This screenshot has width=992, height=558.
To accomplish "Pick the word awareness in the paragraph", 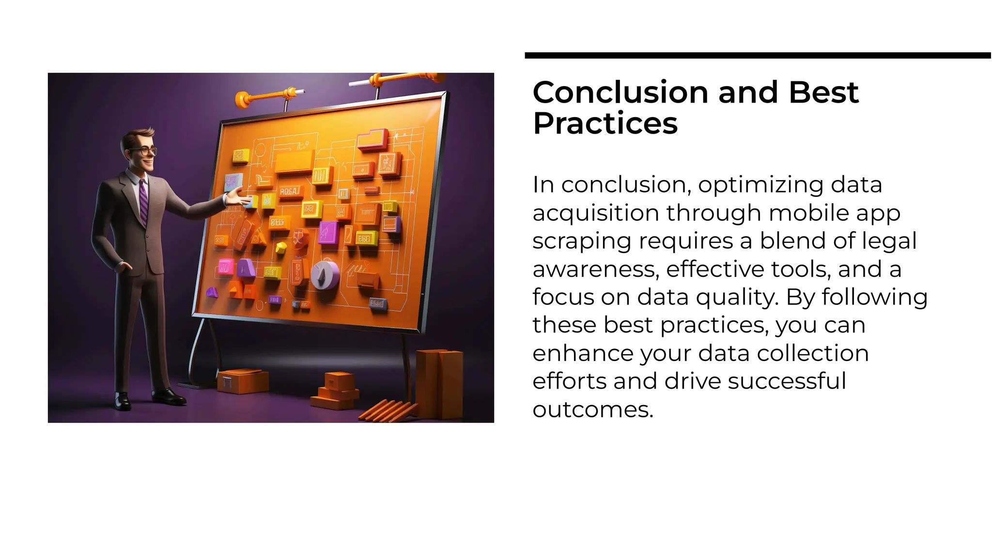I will click(595, 269).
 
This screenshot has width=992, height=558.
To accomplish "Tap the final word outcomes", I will click(592, 410).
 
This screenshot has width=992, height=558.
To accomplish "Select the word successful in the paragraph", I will click(787, 381).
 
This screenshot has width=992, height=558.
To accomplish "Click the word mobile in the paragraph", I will click(808, 213).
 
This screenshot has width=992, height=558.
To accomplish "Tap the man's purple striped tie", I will click(143, 201).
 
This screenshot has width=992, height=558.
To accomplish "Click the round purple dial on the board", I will click(325, 275).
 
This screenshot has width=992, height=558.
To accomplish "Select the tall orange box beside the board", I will click(439, 384).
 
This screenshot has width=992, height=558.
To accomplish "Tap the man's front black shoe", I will click(169, 396).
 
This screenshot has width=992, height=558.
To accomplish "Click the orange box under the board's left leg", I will click(242, 381).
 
